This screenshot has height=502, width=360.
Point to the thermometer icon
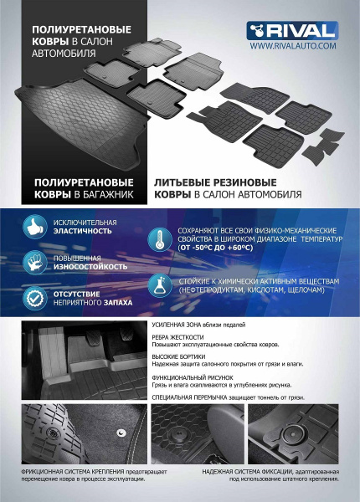(x=157, y=239)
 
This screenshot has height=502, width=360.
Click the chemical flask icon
(x=157, y=284)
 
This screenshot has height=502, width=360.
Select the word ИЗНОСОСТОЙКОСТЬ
(x=92, y=266)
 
